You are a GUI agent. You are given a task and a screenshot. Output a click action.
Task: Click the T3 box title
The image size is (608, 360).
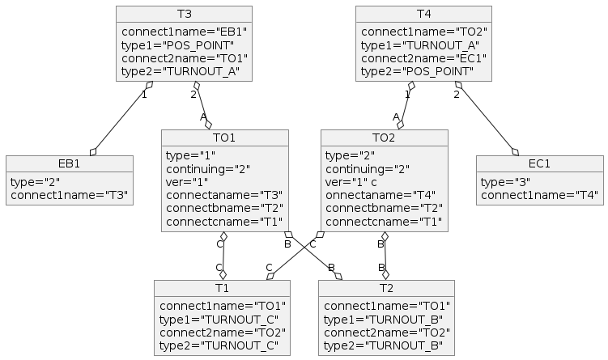pos(185,14)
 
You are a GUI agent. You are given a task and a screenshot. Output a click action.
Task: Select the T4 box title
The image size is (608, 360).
pos(423,14)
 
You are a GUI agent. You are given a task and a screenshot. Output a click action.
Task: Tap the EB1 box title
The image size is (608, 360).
pos(70,164)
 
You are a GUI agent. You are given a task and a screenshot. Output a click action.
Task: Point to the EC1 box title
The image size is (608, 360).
pos(540,164)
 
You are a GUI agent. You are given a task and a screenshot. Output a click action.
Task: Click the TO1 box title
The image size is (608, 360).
pos(224,138)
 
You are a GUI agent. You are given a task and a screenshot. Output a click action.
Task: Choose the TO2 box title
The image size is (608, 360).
pos(384,138)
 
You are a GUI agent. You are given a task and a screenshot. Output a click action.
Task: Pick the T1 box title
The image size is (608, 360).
pos(222,288)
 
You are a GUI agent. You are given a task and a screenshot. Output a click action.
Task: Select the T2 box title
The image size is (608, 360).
pos(386,288)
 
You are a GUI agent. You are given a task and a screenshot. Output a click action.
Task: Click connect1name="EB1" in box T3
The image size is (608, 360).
pos(185,32)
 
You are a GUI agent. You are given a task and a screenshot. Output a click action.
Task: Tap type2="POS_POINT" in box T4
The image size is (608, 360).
pos(417,72)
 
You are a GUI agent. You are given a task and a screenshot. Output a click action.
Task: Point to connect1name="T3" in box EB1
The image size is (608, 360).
pos(70,195)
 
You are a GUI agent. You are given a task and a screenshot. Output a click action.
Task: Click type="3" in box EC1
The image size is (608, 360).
pos(506,182)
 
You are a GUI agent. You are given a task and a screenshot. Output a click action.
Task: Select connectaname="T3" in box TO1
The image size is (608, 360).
pos(224,195)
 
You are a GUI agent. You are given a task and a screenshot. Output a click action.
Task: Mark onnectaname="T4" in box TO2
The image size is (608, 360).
pos(381,195)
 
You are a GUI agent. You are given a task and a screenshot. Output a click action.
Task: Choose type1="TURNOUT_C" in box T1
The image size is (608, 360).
pos(219,320)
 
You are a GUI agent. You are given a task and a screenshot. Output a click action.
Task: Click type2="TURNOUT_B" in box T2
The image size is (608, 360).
pos(384,345)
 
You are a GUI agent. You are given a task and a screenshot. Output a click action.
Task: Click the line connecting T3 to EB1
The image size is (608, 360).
pos(121,119)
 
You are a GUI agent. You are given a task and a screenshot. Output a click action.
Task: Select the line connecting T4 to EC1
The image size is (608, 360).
pos(487,119)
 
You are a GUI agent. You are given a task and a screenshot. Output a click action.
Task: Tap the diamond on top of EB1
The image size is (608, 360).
pos(93,152)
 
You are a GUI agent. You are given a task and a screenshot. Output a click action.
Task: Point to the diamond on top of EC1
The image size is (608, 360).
pos(516,152)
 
